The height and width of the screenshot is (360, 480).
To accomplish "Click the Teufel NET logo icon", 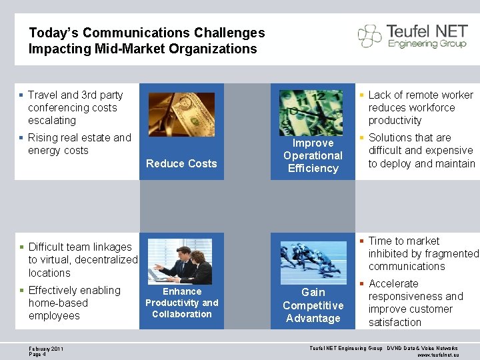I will click(370, 36).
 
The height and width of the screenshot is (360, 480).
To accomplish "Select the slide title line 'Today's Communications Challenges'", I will click(147, 33).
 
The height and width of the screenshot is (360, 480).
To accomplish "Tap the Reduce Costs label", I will click(181, 163).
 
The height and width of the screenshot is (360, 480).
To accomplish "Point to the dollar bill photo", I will click(181, 115).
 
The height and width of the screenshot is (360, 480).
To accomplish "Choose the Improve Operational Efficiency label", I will click(313, 156).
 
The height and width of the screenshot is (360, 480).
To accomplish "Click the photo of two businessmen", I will click(179, 261).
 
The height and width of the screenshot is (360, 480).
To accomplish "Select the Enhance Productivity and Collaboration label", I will click(181, 303).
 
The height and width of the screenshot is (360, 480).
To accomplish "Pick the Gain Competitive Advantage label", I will click(313, 305).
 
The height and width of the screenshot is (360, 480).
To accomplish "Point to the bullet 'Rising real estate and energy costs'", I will click(79, 144).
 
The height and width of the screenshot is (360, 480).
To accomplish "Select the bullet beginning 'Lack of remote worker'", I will click(420, 108).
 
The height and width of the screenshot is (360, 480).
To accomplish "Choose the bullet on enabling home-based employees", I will click(73, 303).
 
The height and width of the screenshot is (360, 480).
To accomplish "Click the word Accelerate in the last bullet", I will click(393, 284).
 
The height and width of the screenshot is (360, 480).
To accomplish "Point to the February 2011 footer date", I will click(47, 349).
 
